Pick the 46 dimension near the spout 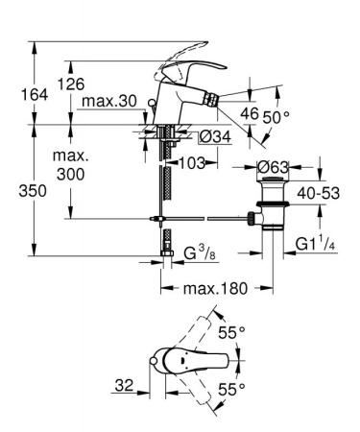pos(249,112)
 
